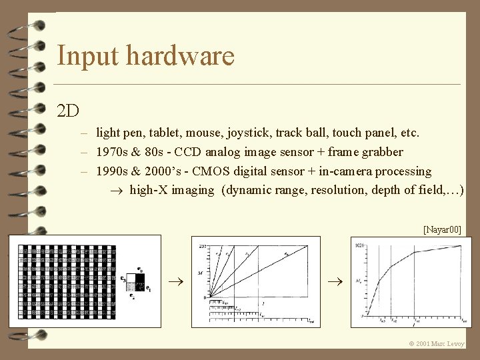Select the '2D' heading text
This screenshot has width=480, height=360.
(x=68, y=110)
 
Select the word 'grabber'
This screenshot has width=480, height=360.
(x=381, y=152)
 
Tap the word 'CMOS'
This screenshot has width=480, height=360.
(x=201, y=171)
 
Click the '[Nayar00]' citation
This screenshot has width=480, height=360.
(x=442, y=229)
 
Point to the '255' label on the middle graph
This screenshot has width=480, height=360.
(x=201, y=246)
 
